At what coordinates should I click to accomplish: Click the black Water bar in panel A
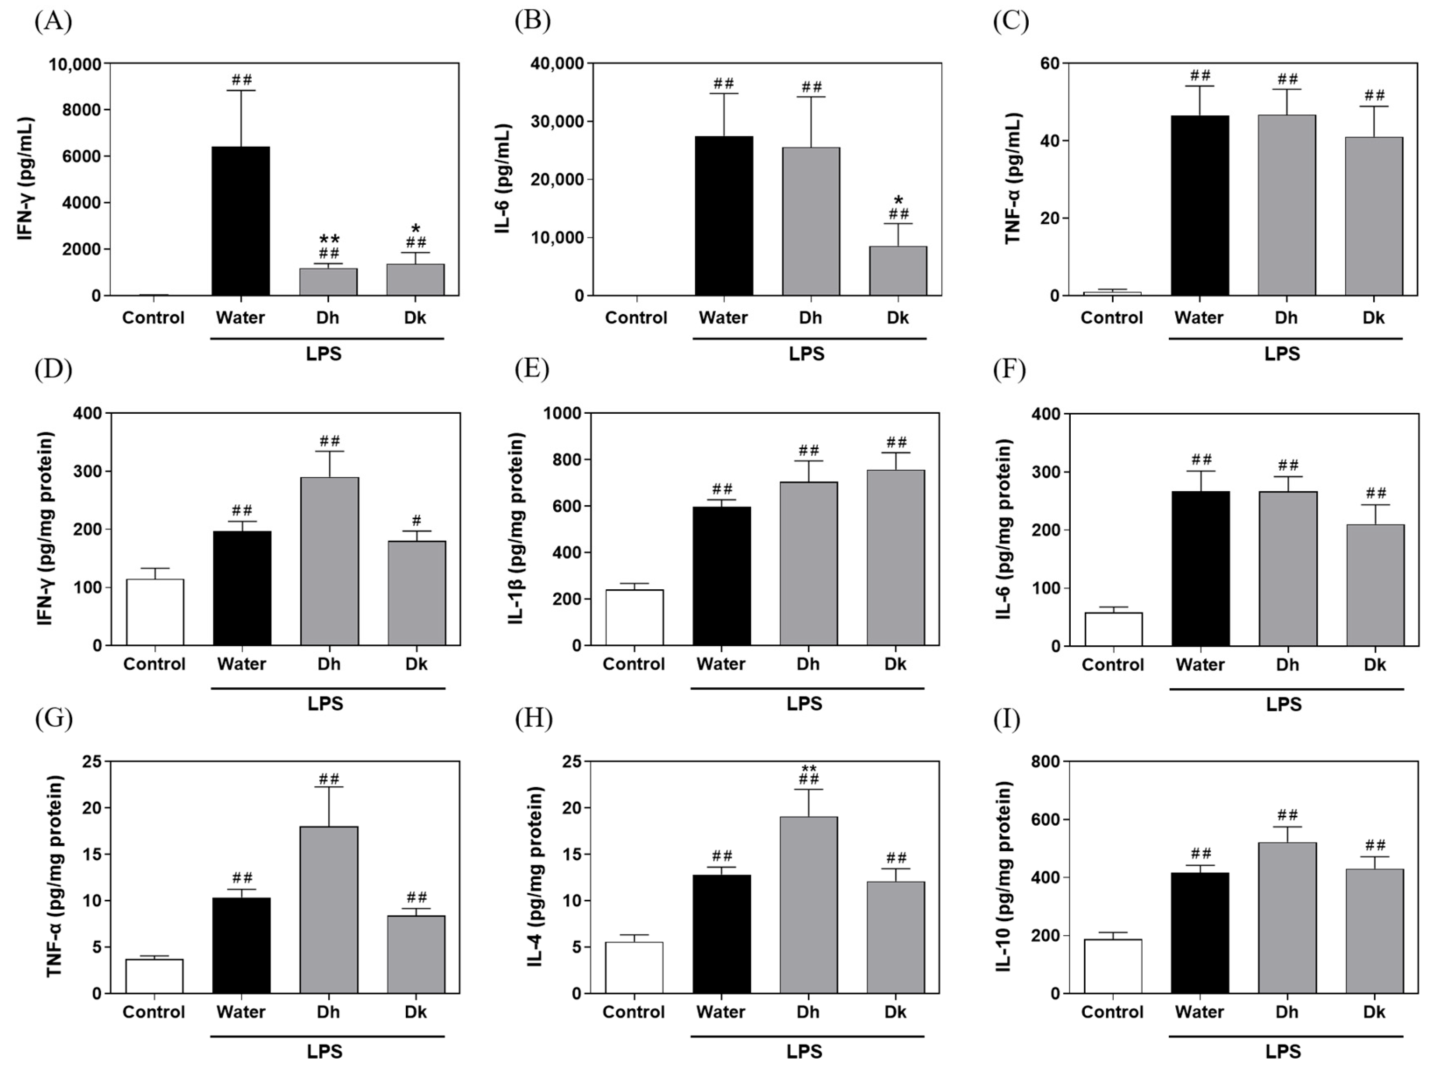[241, 221]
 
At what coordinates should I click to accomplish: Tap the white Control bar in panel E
[634, 617]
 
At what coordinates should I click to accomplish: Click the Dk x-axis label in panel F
[1374, 665]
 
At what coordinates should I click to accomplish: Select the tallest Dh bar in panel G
[329, 910]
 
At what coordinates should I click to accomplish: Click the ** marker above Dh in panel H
[809, 768]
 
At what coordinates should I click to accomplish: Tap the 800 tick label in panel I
[1046, 762]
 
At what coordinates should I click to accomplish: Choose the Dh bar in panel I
[1287, 917]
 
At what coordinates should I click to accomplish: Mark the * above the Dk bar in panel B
[898, 201]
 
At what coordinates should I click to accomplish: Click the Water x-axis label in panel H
[721, 1012]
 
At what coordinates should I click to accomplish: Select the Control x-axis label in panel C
[1111, 318]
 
